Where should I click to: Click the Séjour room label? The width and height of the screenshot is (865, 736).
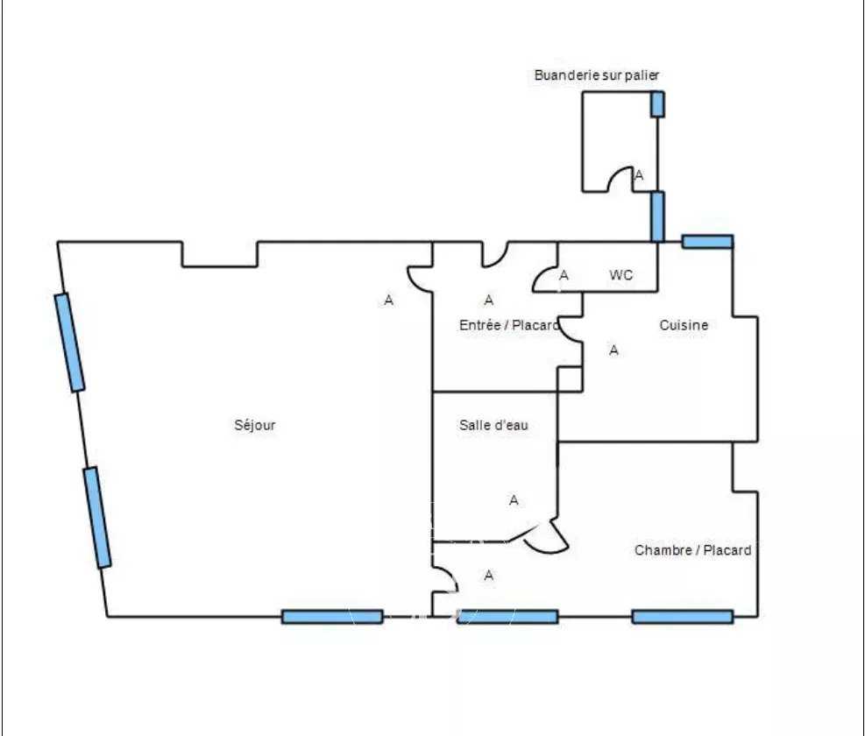255,425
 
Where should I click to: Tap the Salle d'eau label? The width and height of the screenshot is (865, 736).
493,425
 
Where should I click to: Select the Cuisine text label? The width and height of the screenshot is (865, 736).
684,325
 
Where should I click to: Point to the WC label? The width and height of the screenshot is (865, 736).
621,275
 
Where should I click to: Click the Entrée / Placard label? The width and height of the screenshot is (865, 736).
508,325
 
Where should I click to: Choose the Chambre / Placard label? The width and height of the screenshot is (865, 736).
692,550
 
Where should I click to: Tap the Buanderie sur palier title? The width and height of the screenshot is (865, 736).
597,75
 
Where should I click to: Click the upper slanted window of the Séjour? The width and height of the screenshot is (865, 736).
69,342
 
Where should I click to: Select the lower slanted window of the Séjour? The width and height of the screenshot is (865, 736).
97,517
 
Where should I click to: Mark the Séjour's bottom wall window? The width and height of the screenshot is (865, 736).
332,617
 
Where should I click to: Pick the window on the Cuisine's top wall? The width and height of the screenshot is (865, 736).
707,242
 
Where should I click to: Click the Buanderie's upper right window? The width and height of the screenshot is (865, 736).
657,103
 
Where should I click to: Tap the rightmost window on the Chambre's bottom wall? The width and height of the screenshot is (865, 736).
682,617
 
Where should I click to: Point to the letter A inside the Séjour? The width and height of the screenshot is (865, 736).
389,301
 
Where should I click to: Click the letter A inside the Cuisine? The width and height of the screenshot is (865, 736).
614,350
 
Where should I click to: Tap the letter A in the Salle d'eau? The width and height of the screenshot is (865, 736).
514,500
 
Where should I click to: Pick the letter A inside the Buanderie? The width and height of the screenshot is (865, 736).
639,175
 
